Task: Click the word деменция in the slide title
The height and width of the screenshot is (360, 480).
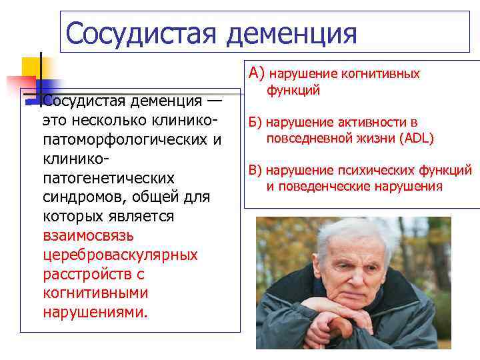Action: pyautogui.click(x=291, y=33)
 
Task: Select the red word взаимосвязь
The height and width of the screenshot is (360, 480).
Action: pyautogui.click(x=88, y=236)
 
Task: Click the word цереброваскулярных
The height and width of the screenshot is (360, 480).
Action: pyautogui.click(x=120, y=255)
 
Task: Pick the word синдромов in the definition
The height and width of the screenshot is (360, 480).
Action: pyautogui.click(x=84, y=197)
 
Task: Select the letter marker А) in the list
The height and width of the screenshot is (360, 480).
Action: pyautogui.click(x=257, y=73)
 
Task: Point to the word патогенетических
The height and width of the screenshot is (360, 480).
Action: pyautogui.click(x=108, y=178)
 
